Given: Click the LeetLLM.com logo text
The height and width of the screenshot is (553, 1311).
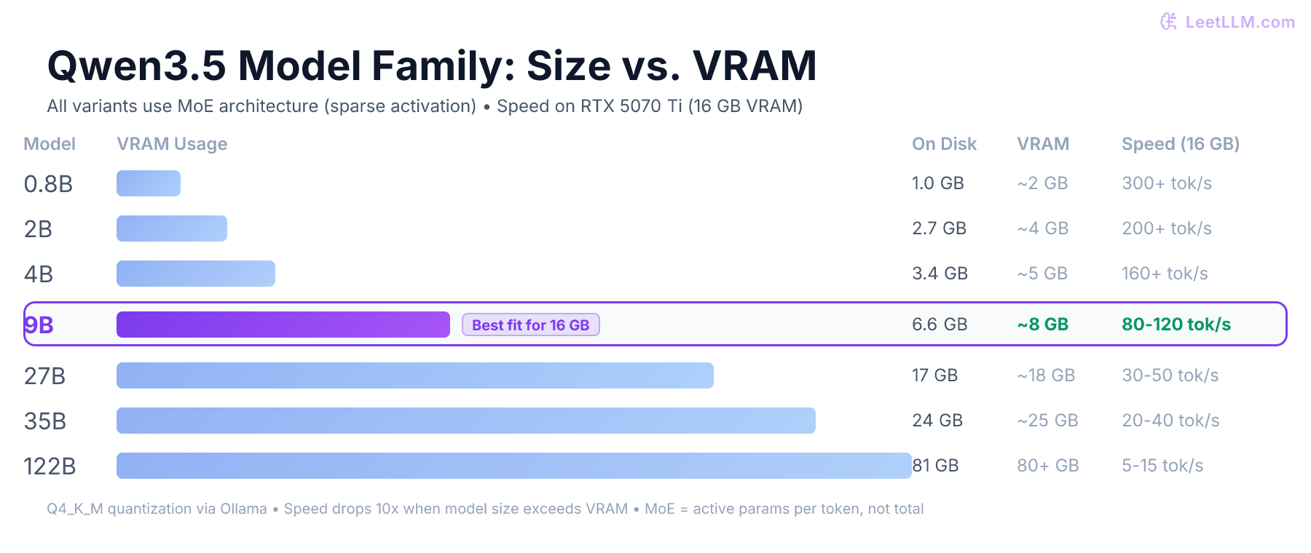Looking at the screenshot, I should (1239, 22).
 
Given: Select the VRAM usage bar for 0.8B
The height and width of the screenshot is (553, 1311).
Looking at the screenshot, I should (149, 183).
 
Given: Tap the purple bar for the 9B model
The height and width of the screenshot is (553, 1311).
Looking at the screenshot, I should (283, 325).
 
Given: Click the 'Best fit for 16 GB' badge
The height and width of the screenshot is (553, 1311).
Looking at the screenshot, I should (530, 325).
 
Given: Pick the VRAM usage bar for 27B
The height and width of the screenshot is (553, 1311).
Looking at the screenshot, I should (414, 375).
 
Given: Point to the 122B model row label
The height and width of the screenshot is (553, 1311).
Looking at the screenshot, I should (50, 466).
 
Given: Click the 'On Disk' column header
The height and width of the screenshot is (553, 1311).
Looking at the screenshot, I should (944, 144).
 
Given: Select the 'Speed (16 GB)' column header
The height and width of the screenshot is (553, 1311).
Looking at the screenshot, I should (1180, 144).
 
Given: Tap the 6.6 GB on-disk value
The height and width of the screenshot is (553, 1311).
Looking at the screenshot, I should (939, 325).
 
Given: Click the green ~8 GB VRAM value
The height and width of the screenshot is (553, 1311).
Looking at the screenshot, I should (1042, 325).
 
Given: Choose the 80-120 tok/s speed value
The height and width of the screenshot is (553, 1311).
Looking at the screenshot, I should (1176, 325).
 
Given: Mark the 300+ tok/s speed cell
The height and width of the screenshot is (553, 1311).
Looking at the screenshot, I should (1166, 183).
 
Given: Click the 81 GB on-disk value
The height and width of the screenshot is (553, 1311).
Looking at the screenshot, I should (937, 466).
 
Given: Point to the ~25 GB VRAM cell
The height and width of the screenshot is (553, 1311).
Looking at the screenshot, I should (1047, 421).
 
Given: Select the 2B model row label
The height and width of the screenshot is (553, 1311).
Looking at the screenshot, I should (38, 229).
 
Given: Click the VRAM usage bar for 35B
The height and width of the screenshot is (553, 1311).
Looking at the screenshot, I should (465, 421).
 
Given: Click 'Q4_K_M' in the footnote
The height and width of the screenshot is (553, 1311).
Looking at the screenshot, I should (74, 509).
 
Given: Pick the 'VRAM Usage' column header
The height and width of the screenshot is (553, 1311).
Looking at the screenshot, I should (172, 144).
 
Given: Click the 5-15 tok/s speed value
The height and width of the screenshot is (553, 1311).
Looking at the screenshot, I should (1162, 466).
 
